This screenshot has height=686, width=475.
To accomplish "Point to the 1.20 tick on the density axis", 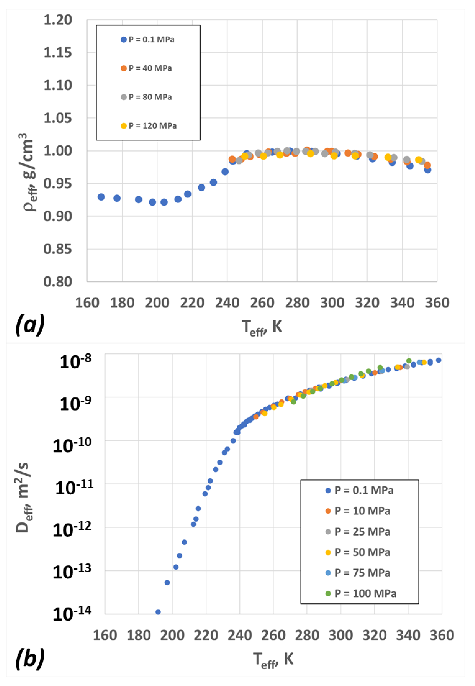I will pyautogui.click(x=58, y=20).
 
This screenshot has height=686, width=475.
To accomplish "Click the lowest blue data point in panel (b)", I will pyautogui.click(x=158, y=612).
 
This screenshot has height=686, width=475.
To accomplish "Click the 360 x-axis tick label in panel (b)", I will pyautogui.click(x=442, y=635).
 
